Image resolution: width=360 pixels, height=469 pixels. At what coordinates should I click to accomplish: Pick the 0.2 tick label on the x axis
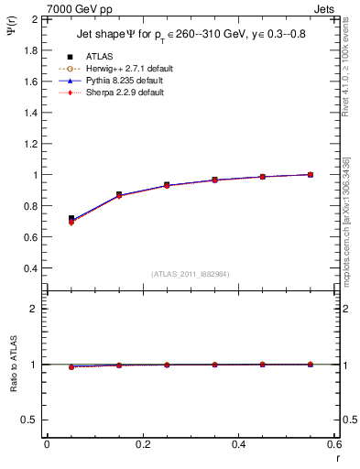click(x=142, y=444)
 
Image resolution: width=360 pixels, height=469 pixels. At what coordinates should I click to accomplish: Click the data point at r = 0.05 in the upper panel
click(x=71, y=219)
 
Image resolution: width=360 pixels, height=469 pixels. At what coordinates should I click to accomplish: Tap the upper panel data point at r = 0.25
click(x=166, y=185)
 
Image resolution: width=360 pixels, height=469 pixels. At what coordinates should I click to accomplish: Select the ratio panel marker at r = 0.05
click(x=71, y=366)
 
